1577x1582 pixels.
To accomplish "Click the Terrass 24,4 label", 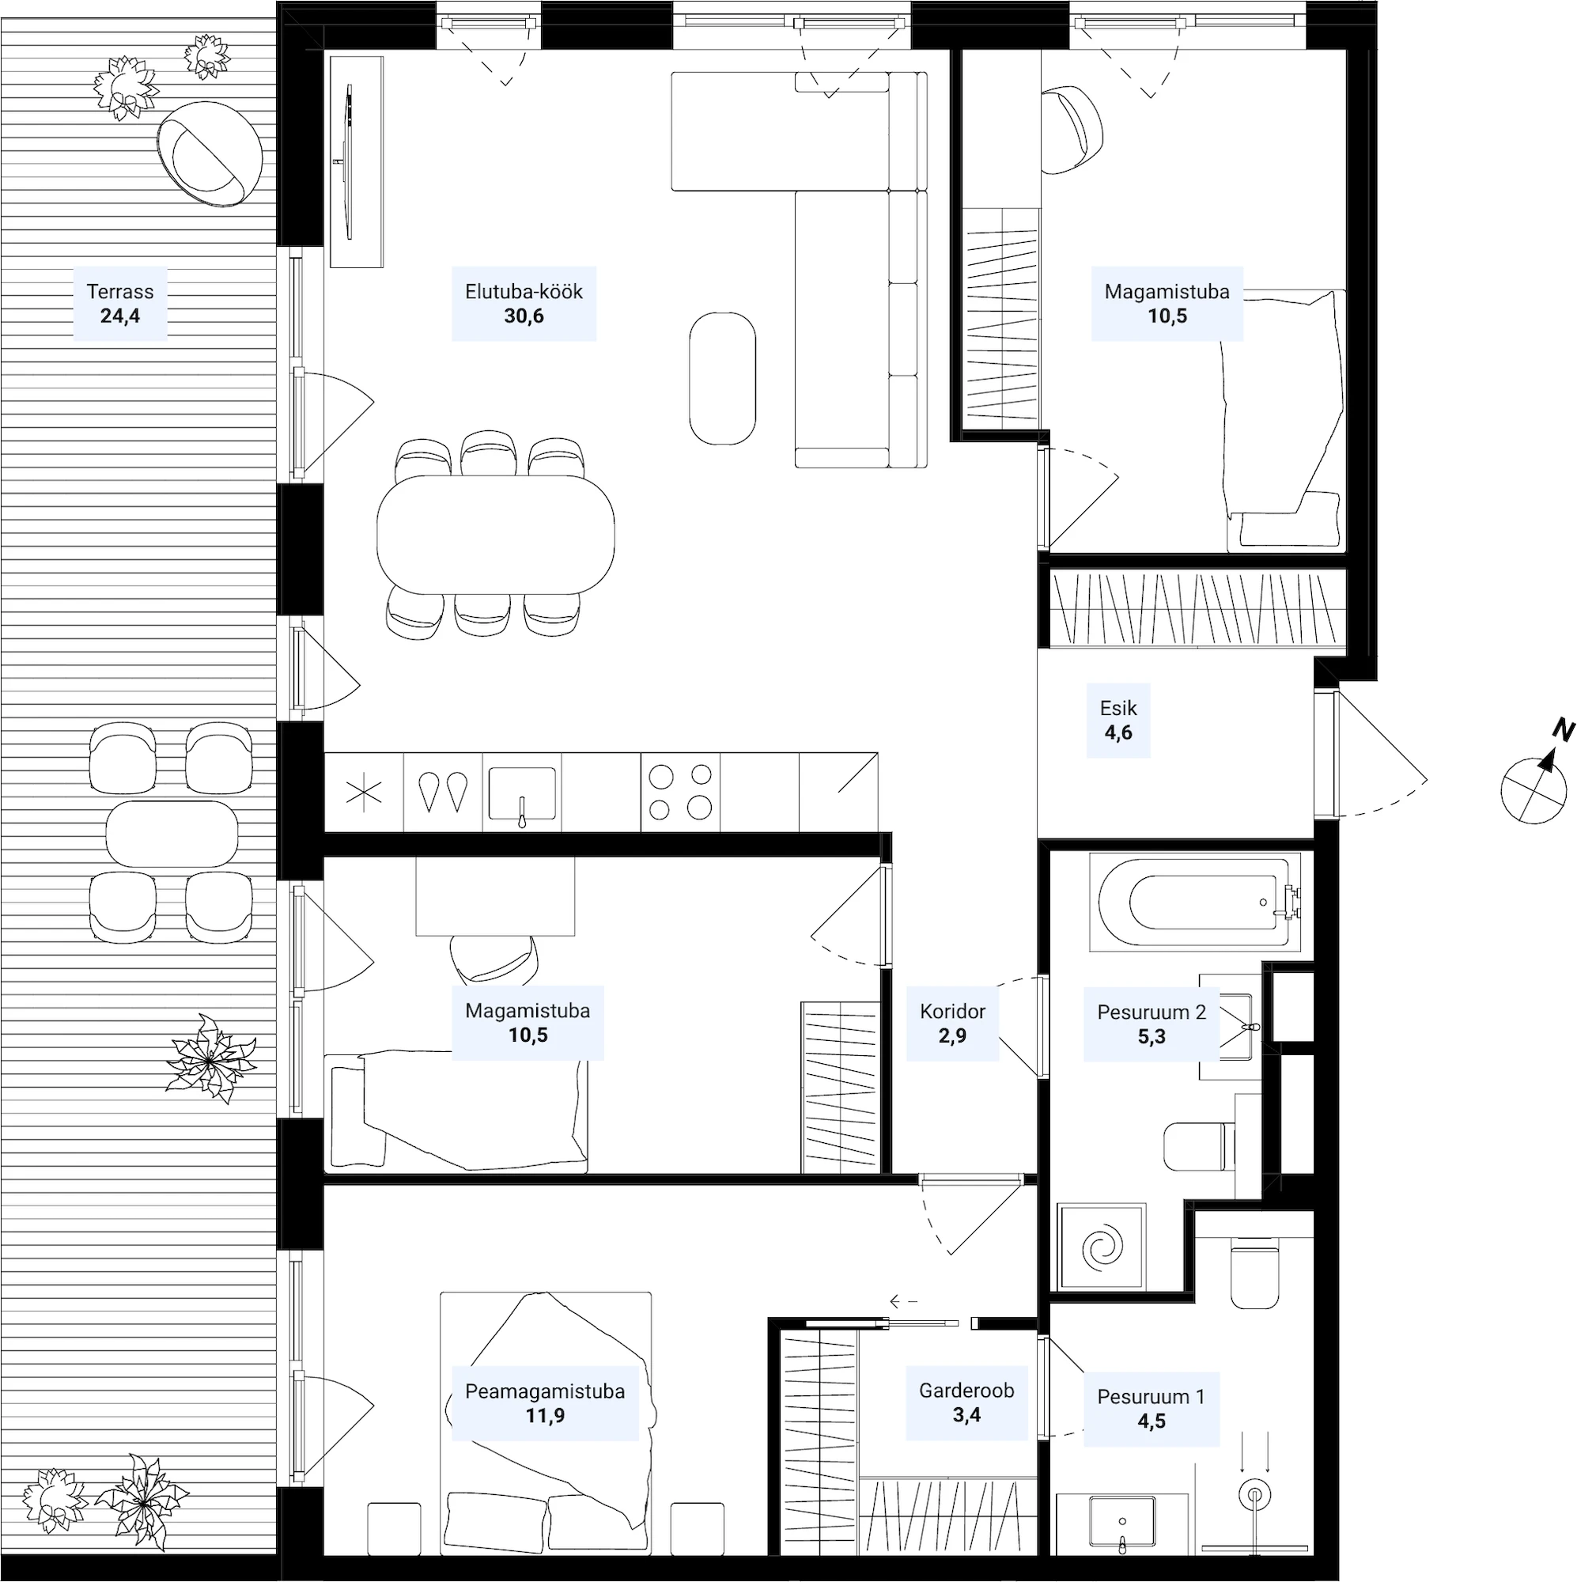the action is coord(120,303).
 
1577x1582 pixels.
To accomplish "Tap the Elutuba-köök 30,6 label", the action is coord(524,303).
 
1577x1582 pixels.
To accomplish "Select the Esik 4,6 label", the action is coord(1118,721).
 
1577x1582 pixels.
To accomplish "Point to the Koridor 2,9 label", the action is coord(952,1024).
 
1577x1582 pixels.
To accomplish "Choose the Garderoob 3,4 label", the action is coord(967,1402).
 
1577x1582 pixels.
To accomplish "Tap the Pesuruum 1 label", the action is coord(1152,1397).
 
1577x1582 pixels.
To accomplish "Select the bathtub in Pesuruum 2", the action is coord(1196,903).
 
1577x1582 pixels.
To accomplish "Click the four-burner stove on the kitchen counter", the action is coord(680,792).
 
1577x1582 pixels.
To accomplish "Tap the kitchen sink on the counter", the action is coord(523,793).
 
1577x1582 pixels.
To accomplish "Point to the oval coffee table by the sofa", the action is coord(722,378).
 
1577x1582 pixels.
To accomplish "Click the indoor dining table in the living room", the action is coord(495,535).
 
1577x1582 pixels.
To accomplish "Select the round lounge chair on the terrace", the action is coord(210,153).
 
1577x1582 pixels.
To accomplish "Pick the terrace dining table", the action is coord(172,834).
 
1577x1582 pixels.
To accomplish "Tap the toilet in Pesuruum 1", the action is coord(1254,1277).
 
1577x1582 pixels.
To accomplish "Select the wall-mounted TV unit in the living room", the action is coord(356,161).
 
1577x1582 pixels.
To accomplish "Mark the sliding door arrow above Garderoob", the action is coord(903,1301).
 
